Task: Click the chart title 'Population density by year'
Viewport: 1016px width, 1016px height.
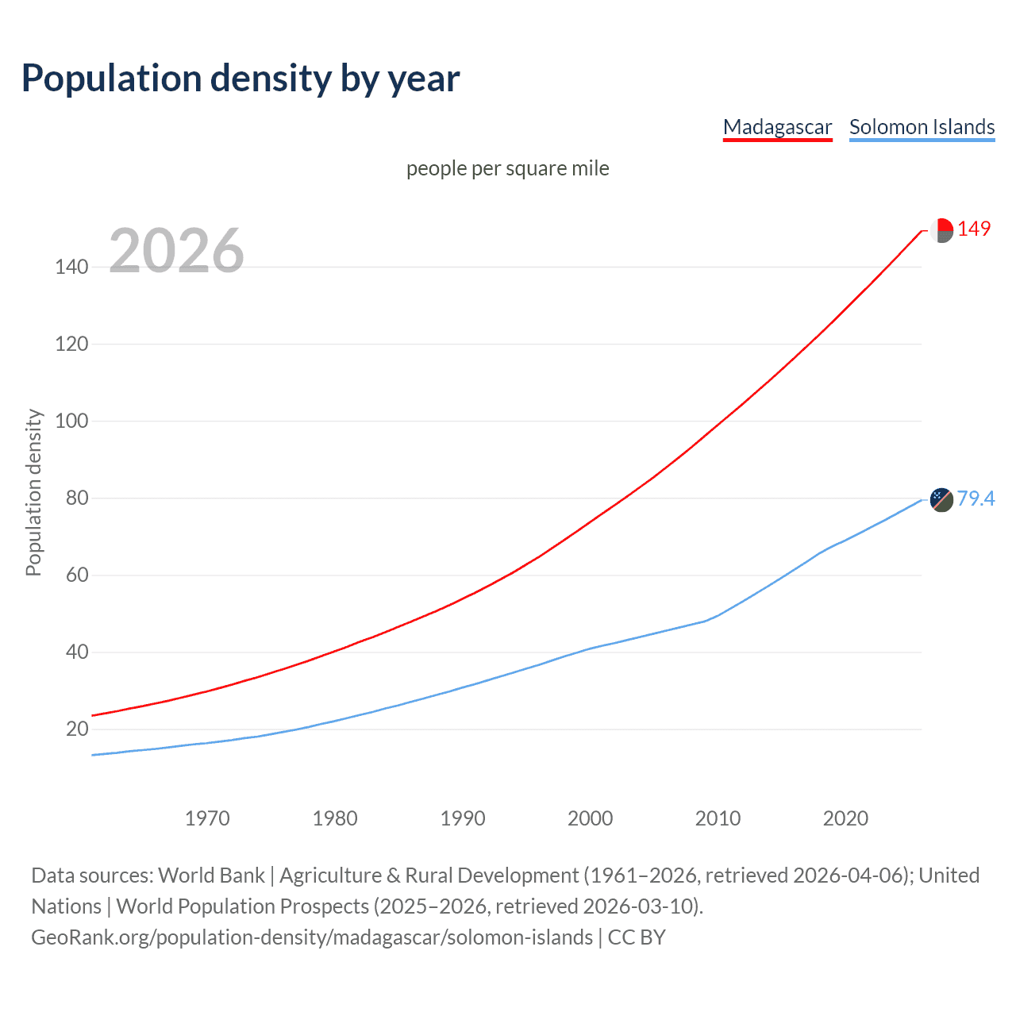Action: click(x=241, y=79)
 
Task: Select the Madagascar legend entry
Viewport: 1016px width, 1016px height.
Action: click(x=777, y=127)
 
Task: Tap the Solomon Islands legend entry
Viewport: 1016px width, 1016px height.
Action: click(x=922, y=127)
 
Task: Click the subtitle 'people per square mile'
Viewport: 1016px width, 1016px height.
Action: click(x=507, y=169)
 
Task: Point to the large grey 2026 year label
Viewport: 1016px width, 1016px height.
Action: click(x=176, y=251)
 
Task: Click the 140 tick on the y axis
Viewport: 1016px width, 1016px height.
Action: click(x=71, y=267)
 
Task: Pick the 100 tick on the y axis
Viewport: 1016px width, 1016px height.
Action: click(x=71, y=421)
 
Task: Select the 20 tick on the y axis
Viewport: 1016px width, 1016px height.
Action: click(x=77, y=729)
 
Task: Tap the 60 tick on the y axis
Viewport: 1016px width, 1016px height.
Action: click(x=77, y=575)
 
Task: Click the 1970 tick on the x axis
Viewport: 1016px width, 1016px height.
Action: click(x=207, y=818)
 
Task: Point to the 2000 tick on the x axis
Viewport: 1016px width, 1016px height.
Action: click(x=590, y=818)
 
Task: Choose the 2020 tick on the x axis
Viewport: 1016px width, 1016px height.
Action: click(x=845, y=818)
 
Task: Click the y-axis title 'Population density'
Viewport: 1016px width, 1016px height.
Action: click(x=33, y=492)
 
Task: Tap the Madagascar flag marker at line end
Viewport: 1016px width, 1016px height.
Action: click(x=941, y=231)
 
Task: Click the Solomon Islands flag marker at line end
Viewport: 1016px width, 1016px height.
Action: click(x=941, y=500)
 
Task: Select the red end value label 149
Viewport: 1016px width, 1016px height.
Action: click(x=974, y=229)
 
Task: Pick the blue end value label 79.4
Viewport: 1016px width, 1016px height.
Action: click(x=976, y=498)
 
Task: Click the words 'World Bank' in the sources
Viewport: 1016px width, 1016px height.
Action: click(x=211, y=876)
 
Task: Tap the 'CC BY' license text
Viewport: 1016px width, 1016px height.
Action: click(x=637, y=937)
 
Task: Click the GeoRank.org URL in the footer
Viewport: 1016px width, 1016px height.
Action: click(x=312, y=937)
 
